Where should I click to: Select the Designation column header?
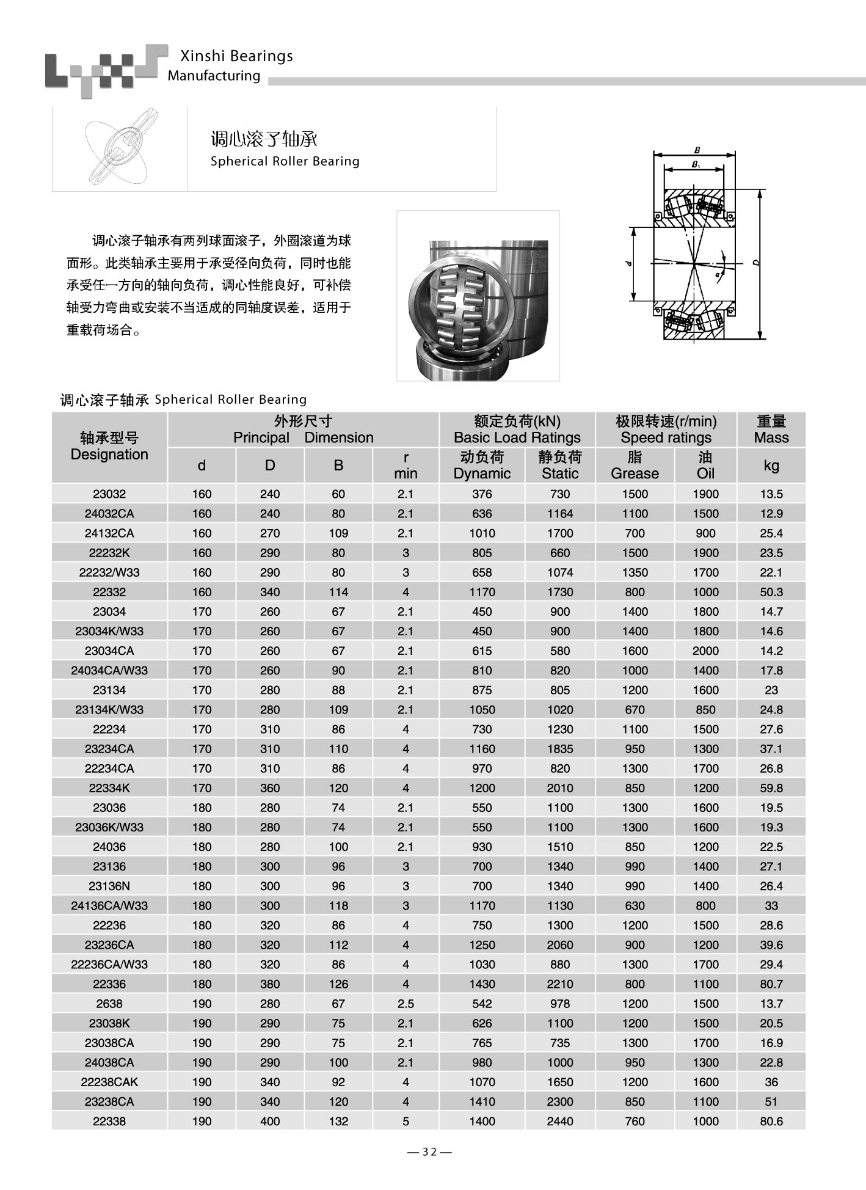click(x=109, y=447)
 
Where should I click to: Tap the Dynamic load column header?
click(x=482, y=465)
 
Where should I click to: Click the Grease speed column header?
click(x=635, y=465)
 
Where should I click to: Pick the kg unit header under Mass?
click(x=771, y=465)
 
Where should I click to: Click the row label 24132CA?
click(x=109, y=533)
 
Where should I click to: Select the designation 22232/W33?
click(x=109, y=572)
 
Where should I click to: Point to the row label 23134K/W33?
click(x=109, y=710)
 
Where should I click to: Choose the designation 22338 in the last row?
click(x=109, y=1122)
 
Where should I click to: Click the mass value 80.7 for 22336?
click(x=771, y=984)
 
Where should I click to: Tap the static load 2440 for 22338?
click(x=560, y=1122)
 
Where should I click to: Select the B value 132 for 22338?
click(x=338, y=1122)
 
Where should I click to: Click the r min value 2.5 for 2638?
click(x=406, y=1004)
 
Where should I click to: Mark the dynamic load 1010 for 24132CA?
click(x=482, y=533)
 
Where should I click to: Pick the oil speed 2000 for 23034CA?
click(x=705, y=651)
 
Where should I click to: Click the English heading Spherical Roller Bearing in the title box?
click(x=285, y=161)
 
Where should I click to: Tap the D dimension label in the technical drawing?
click(x=756, y=263)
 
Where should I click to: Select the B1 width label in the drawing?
click(x=696, y=164)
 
